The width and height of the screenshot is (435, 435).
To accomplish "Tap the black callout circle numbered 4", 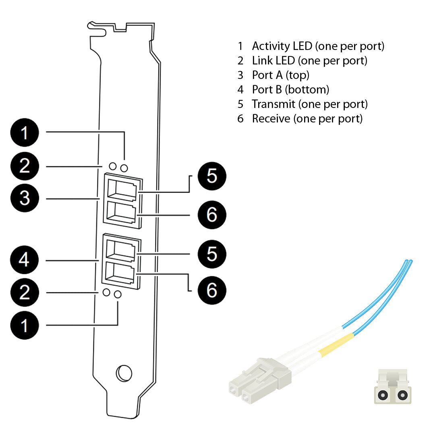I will click(x=25, y=260).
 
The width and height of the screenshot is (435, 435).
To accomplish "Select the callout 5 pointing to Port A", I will click(x=212, y=176).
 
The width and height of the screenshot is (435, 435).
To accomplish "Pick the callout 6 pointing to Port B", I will click(x=212, y=290).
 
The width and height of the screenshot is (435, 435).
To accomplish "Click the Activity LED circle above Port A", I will click(x=124, y=167).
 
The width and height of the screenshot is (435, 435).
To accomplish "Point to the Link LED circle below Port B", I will click(x=107, y=292).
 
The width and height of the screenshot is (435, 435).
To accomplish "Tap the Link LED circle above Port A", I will click(x=113, y=166).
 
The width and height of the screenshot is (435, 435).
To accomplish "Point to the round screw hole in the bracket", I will click(x=124, y=373).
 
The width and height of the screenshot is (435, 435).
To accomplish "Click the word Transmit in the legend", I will click(x=273, y=104).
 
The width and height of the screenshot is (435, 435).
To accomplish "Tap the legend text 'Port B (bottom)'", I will click(x=290, y=89).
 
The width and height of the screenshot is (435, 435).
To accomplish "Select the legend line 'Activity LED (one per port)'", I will click(x=318, y=46).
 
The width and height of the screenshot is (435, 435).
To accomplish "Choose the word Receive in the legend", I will click(x=271, y=118).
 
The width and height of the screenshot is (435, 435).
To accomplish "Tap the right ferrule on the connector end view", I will click(x=401, y=395).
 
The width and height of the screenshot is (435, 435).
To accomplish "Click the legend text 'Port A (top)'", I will click(x=280, y=75).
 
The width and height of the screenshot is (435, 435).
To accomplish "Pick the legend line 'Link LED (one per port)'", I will click(x=309, y=60).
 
